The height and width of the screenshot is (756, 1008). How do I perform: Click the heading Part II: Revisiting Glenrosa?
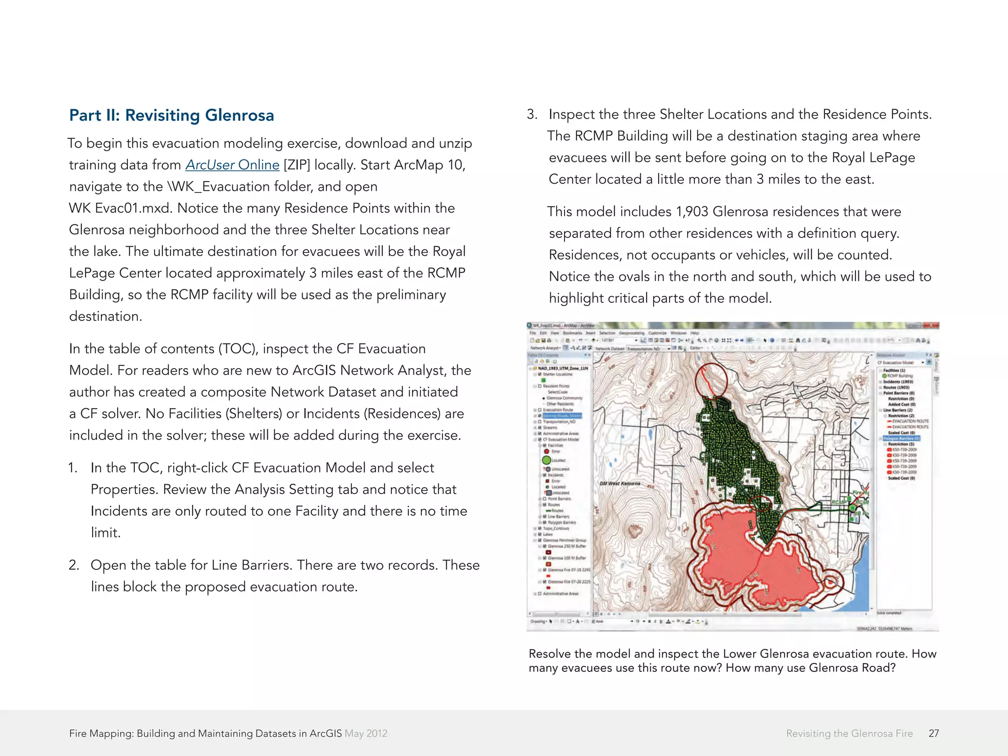[x=171, y=115]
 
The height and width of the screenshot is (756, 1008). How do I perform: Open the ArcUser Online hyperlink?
[x=232, y=165]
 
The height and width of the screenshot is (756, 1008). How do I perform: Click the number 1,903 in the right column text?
[x=692, y=212]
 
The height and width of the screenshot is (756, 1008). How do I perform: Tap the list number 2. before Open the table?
[x=74, y=565]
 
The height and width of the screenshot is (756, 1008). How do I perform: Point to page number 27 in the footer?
[x=933, y=733]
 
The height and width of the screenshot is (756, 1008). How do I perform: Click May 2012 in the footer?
[x=366, y=733]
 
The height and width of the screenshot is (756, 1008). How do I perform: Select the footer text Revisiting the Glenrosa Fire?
[x=849, y=733]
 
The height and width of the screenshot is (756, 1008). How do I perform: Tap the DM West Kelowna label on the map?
[x=620, y=483]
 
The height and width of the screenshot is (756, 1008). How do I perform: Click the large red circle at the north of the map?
[x=711, y=380]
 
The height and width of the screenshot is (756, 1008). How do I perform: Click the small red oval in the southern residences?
[x=760, y=503]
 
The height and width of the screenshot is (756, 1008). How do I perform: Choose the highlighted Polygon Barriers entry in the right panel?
[x=901, y=438]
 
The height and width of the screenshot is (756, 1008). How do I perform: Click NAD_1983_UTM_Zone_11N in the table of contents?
[x=563, y=368]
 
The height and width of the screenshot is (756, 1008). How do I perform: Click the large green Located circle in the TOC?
[x=546, y=460]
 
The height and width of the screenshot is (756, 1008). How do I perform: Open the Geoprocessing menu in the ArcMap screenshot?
[x=631, y=333]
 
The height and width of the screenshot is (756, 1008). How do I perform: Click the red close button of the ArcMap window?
[x=932, y=325]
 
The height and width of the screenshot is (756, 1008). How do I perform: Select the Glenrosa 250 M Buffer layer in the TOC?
[x=567, y=546]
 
